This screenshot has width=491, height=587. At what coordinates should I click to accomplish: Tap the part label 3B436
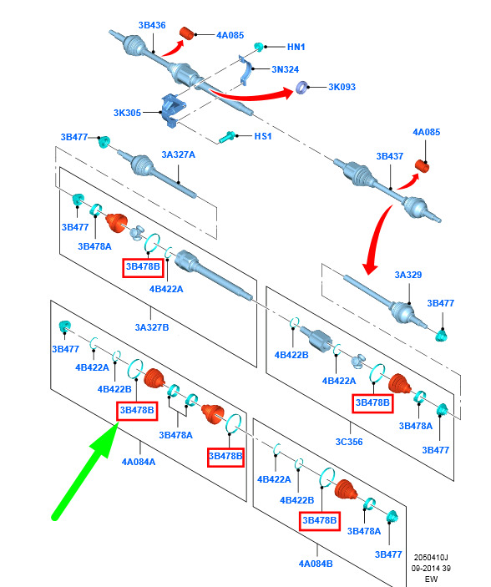(x=152, y=25)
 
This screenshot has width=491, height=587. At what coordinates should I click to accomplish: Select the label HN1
(x=296, y=47)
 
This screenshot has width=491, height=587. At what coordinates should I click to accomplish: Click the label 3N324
(x=285, y=69)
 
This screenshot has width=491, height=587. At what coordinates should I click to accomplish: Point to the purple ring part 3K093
(x=302, y=87)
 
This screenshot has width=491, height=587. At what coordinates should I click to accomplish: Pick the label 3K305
(x=127, y=113)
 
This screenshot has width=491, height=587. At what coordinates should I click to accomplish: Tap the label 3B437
(x=389, y=156)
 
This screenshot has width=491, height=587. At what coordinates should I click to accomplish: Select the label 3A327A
(x=178, y=154)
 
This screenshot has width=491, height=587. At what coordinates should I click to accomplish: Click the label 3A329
(x=407, y=275)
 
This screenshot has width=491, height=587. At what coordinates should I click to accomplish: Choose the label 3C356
(x=349, y=442)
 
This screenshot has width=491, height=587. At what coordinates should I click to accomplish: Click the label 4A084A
(x=139, y=462)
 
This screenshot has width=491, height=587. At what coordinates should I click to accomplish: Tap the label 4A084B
(x=316, y=564)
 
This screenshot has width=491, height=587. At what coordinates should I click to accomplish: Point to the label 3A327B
(x=152, y=327)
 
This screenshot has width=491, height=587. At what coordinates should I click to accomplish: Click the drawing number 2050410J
(x=431, y=558)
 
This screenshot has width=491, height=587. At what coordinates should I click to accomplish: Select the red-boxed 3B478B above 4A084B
(x=320, y=520)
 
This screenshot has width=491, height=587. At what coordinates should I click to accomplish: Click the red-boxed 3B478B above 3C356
(x=372, y=402)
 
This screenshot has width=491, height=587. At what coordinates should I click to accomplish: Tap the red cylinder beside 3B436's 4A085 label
(x=186, y=33)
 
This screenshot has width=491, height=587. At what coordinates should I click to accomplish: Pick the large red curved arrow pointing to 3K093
(x=251, y=94)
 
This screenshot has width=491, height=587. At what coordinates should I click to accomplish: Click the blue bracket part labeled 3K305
(x=171, y=110)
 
